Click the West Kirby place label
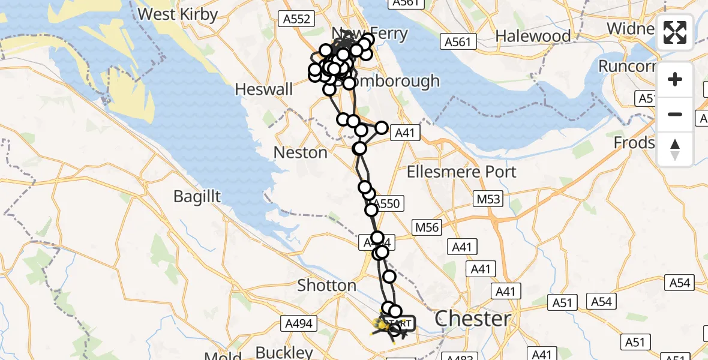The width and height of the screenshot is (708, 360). point(178,14)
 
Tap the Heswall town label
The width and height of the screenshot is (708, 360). point(265,89)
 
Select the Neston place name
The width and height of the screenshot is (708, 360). point(300,152)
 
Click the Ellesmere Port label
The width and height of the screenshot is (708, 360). point(461,172)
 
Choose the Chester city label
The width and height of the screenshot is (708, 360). point(473,319)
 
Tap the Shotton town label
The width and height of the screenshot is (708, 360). point(327,285)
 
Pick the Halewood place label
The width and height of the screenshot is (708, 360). point(533,36)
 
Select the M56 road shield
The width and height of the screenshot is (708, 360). point(427,227)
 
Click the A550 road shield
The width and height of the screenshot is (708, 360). point(385,204)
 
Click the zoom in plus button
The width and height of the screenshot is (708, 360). point(675,79)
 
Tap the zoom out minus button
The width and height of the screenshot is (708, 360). point(675,114)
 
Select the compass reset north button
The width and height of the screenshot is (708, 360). point(675,149)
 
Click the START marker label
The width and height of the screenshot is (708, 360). point(399,323)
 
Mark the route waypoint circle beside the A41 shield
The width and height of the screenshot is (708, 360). point(381,128)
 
